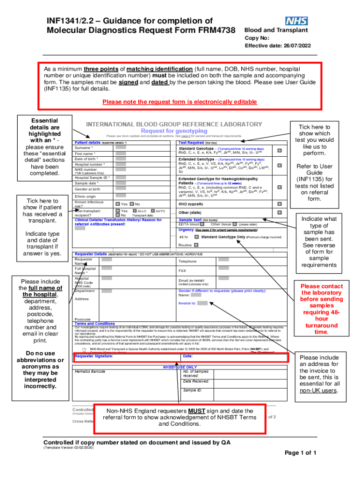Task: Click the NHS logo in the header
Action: (x=295, y=21)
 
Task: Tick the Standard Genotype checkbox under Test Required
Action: (x=280, y=150)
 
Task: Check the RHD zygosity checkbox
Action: (x=280, y=204)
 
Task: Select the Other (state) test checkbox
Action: (x=280, y=212)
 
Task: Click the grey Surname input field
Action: (x=121, y=147)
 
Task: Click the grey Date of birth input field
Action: (x=121, y=159)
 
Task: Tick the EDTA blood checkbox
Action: (x=202, y=224)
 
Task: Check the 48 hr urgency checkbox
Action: (x=196, y=237)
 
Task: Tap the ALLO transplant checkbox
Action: (x=134, y=211)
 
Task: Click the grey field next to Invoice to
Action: (x=202, y=303)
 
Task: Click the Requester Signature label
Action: (x=94, y=356)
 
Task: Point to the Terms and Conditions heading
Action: (x=95, y=323)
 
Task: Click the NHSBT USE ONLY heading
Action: (x=180, y=367)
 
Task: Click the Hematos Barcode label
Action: (x=90, y=372)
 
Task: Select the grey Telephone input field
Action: (x=223, y=259)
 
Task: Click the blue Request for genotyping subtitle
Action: (x=174, y=131)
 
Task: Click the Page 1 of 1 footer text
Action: (x=301, y=453)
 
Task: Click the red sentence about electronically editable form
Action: (x=179, y=102)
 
